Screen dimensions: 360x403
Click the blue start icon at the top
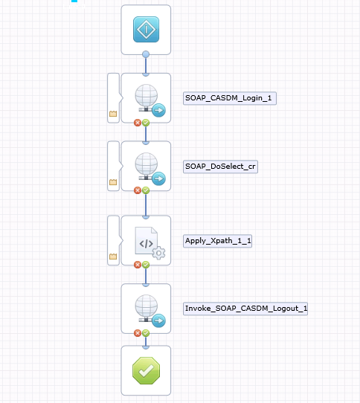[146, 29]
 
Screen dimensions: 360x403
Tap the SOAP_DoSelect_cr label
[220, 167]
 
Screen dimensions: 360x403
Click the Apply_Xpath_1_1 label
[217, 241]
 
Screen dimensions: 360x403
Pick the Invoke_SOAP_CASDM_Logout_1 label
[245, 309]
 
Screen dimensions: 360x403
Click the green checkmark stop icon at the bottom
[146, 370]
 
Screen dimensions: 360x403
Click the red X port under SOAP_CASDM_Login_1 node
[138, 123]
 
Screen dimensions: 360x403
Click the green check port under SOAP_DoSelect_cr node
[146, 190]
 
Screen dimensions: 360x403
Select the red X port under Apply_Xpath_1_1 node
[138, 265]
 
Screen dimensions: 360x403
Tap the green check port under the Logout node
[146, 333]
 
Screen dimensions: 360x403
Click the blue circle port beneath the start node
[146, 54]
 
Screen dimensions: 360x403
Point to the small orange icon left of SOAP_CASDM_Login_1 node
[113, 114]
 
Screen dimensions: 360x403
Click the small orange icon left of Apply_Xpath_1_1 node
[113, 257]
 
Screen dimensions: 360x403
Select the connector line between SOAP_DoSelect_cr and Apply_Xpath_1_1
[146, 204]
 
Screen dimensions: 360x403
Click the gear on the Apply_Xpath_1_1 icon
[159, 253]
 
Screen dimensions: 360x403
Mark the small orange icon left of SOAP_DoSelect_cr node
[113, 182]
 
